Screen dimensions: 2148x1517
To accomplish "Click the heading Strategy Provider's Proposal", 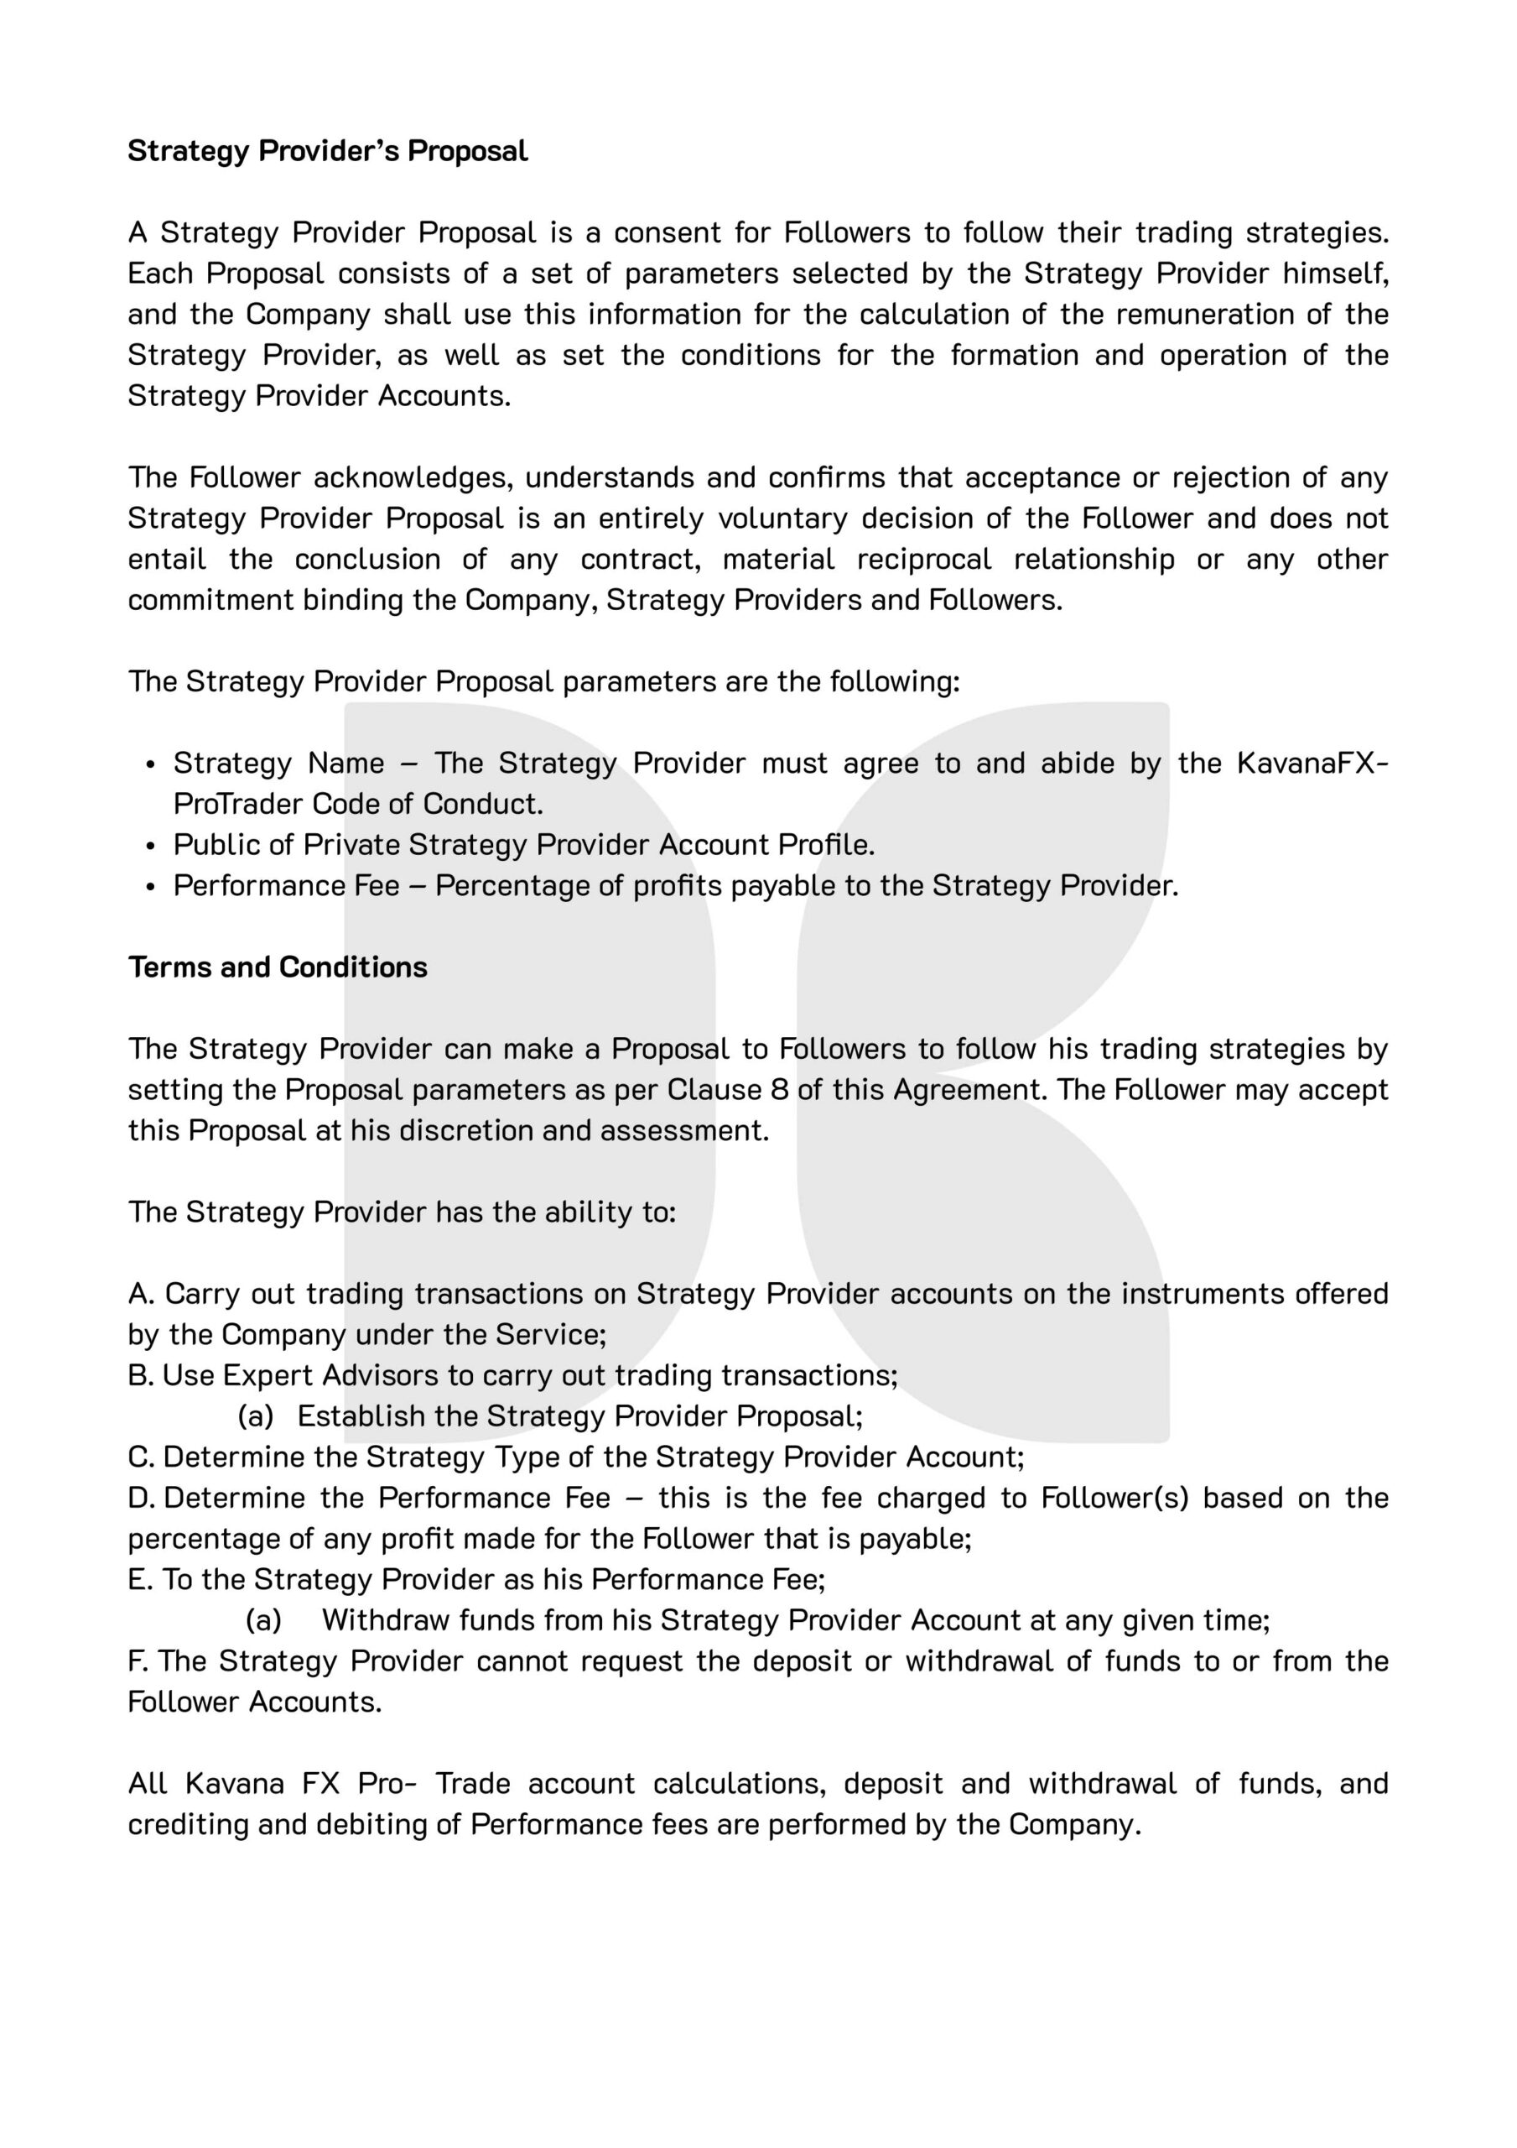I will click(x=327, y=151).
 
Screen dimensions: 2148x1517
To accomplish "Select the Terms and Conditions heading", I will click(x=278, y=967).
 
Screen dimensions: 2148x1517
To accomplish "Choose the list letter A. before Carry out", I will click(x=141, y=1294).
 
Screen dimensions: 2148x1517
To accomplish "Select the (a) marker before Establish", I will click(x=255, y=1416).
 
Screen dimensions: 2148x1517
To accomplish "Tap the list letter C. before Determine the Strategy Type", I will click(x=141, y=1457).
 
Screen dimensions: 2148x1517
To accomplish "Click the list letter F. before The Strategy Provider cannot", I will click(x=139, y=1661).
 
